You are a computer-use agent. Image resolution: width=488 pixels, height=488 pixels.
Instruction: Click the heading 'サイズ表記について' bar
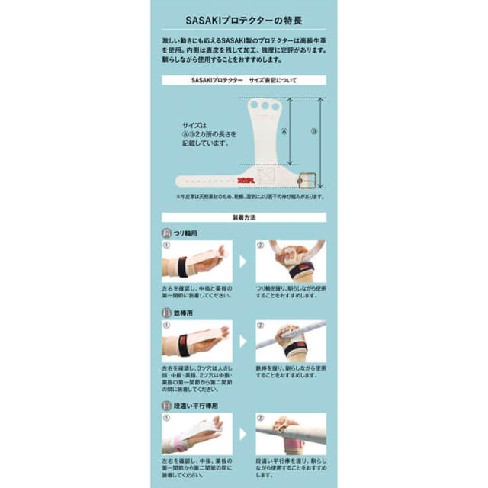pyautogui.click(x=244, y=79)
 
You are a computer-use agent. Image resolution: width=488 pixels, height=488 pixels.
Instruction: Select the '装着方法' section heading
pyautogui.click(x=244, y=217)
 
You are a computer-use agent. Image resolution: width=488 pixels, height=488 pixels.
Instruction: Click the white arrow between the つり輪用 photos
pyautogui.click(x=244, y=260)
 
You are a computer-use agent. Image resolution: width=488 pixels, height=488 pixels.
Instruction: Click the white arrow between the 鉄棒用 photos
pyautogui.click(x=244, y=343)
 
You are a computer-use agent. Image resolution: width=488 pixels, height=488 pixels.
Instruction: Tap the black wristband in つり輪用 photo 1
pyautogui.click(x=183, y=266)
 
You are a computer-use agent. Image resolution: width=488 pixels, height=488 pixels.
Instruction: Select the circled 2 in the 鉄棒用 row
pyautogui.click(x=260, y=324)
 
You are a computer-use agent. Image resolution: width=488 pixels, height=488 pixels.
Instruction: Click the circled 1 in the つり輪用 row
pyautogui.click(x=165, y=246)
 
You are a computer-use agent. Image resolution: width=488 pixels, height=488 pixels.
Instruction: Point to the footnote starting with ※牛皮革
pyautogui.click(x=244, y=197)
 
